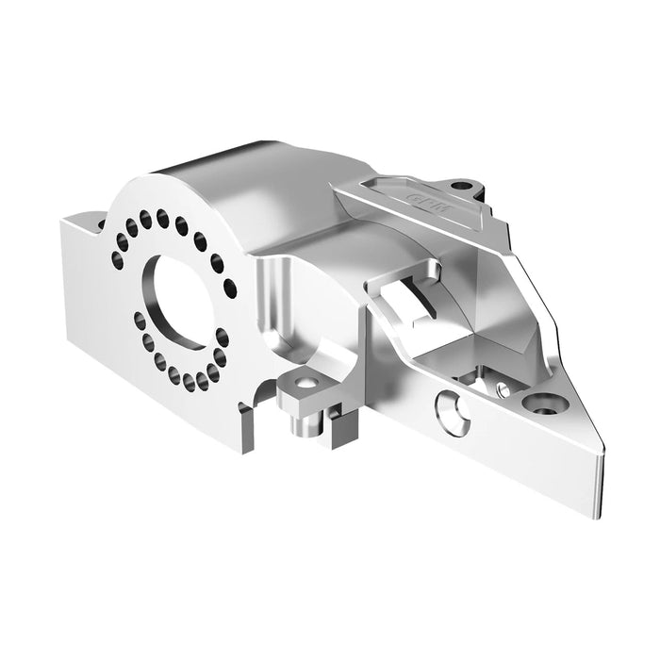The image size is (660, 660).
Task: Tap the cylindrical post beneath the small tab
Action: click(304, 421)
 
